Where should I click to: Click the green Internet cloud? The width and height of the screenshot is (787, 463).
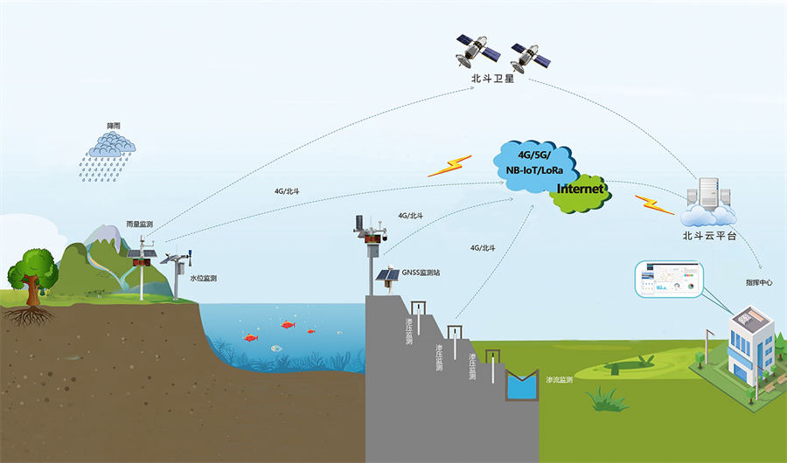(580, 190)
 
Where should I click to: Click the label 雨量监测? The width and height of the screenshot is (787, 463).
(139, 225)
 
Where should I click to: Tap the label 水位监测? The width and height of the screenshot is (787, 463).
(204, 278)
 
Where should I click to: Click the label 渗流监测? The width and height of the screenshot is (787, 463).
(561, 380)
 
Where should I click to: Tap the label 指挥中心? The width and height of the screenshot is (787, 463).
(759, 283)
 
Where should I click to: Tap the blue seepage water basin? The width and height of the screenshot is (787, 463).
(523, 384)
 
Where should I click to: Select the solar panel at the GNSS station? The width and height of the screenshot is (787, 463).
(387, 275)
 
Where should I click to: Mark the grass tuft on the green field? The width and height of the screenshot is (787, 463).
(602, 400)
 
